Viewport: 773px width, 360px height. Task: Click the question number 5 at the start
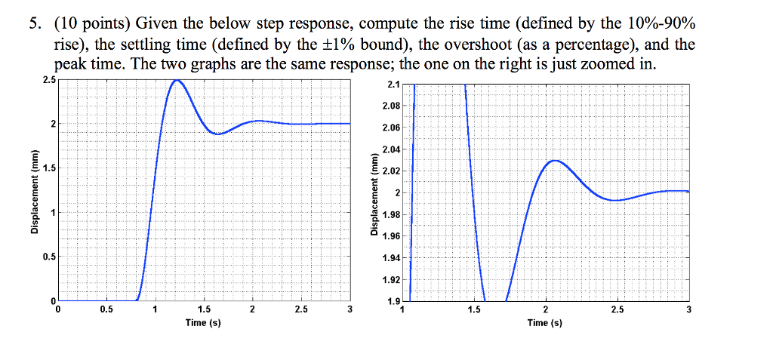pyautogui.click(x=34, y=24)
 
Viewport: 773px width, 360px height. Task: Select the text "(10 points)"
pyautogui.click(x=86, y=24)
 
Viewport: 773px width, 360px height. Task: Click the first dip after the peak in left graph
pyautogui.click(x=218, y=134)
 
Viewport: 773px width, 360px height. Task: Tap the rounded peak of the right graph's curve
pyautogui.click(x=555, y=161)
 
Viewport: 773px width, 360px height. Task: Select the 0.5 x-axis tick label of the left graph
pyautogui.click(x=106, y=310)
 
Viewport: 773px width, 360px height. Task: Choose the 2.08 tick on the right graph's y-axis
pyautogui.click(x=392, y=106)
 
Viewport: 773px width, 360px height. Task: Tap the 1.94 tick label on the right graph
pyautogui.click(x=392, y=259)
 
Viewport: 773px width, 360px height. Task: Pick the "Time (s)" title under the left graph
pyautogui.click(x=203, y=323)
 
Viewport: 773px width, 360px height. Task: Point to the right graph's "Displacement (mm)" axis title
pyautogui.click(x=374, y=192)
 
